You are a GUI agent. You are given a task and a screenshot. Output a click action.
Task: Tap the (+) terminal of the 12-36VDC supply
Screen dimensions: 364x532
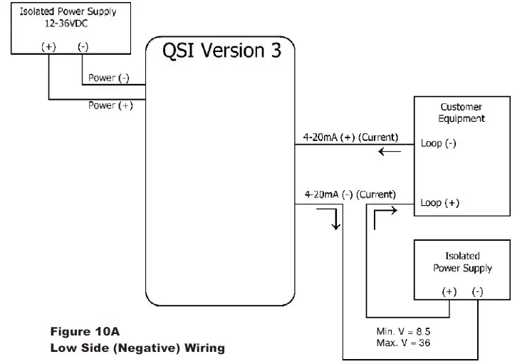tap(48, 47)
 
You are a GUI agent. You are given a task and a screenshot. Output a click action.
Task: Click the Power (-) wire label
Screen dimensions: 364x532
tap(108, 78)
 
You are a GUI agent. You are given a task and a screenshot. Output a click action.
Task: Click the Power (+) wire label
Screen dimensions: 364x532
tap(110, 105)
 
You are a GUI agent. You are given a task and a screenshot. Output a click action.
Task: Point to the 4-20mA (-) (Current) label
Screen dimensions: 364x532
tap(350, 194)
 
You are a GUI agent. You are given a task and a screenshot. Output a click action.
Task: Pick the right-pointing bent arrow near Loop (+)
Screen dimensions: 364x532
tap(382, 217)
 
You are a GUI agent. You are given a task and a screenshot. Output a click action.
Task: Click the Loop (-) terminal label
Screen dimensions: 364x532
tap(439, 143)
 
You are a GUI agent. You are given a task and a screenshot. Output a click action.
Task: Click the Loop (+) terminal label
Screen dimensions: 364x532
tap(439, 203)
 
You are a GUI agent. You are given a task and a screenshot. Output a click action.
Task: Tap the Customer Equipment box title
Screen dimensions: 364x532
tap(461, 113)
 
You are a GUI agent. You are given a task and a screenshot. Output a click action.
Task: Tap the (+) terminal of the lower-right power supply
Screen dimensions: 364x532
tap(449, 292)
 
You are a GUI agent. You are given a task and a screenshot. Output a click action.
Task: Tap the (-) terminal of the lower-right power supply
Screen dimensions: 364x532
tap(477, 292)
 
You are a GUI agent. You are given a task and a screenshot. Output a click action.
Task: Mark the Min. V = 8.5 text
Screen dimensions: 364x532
tap(403, 332)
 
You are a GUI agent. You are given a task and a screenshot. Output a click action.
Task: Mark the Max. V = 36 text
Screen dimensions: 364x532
tap(402, 343)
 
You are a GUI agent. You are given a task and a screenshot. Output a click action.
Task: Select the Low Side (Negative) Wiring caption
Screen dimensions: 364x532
tap(137, 348)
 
